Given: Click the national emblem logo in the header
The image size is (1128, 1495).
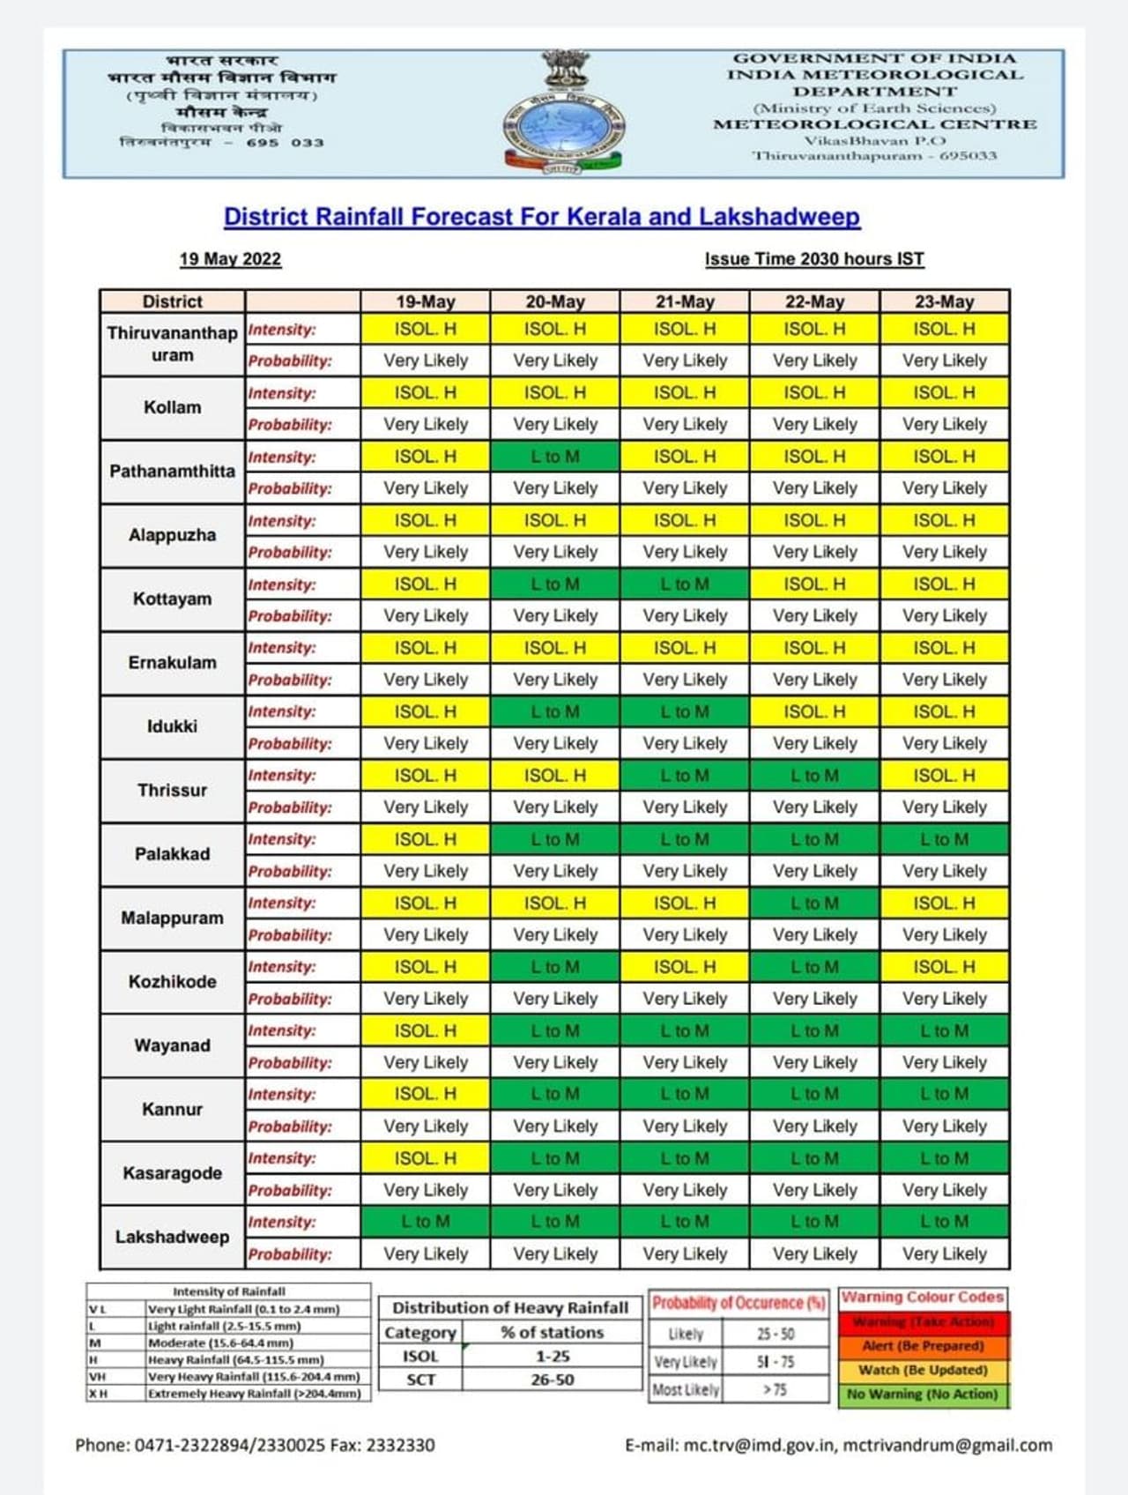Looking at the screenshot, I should (563, 114).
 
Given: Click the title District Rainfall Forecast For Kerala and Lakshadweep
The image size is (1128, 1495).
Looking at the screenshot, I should (541, 217).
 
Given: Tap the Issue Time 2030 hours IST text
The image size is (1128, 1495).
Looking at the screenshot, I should (813, 259).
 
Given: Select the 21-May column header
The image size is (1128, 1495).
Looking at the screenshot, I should (685, 301).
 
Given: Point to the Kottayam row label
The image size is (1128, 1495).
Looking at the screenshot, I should (172, 599).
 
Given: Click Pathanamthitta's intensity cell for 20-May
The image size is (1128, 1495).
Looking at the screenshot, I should (555, 457).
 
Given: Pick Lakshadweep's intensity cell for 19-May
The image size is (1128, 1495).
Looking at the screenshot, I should (426, 1222).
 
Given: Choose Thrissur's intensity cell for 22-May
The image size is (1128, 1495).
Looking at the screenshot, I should (814, 776).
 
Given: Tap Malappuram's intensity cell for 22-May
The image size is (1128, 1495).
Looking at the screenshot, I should (814, 904).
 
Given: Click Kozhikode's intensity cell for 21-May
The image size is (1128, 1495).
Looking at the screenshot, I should (685, 967).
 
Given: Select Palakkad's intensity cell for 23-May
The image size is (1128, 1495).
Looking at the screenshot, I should (944, 840).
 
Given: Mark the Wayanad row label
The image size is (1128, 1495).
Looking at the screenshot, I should (172, 1045).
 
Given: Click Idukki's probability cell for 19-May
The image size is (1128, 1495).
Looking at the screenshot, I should (426, 744).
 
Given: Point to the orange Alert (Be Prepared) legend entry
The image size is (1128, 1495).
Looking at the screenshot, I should (923, 1346).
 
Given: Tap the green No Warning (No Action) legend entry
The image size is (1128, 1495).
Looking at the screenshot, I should (923, 1395).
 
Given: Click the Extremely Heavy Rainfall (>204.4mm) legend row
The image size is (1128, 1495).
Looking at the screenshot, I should (255, 1394).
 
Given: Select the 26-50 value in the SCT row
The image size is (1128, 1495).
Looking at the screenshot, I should (552, 1380).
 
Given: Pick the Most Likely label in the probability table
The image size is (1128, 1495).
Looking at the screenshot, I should (686, 1390).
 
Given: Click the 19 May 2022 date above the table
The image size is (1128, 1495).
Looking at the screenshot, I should (230, 259).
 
